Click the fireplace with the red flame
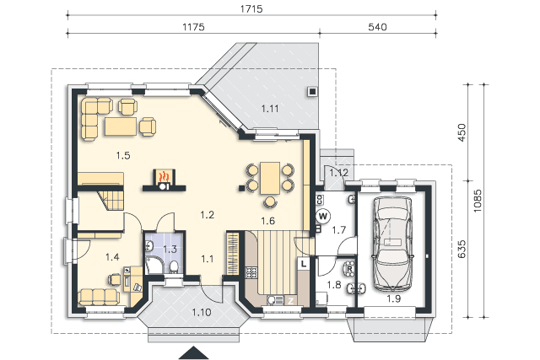pos(165,180)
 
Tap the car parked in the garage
pos(392,244)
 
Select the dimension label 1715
pos(251,9)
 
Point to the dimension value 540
pos(377,27)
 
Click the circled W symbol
pos(322,217)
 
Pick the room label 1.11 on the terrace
pos(270,109)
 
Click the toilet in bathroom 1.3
pos(174,267)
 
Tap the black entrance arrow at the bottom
pos(193,352)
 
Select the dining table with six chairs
pos(270,184)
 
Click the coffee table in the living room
pos(121,126)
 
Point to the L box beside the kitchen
pos(304,264)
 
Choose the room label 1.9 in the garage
pos(393,298)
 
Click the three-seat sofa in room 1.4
pos(99,297)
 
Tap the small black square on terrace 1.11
pos(312,92)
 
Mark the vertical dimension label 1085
pos(477,201)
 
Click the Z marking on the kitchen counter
pos(291,301)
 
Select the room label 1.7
pos(338,229)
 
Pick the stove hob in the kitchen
pos(251,273)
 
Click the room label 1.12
pos(339,173)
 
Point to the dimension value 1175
pos(193,27)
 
